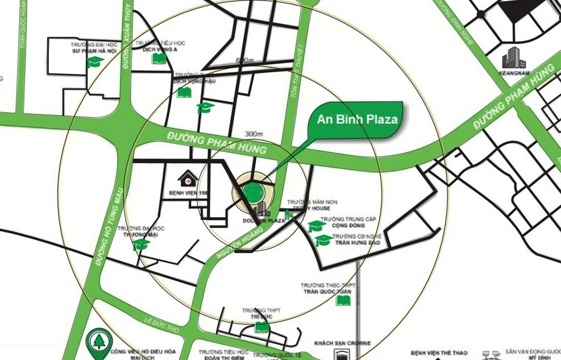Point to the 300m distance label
(x=254, y=134)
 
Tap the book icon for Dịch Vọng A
(x=159, y=59)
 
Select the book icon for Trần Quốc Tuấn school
(x=343, y=300)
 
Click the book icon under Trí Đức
(x=261, y=327)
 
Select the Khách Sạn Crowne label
(x=342, y=344)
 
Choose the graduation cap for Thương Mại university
(x=140, y=245)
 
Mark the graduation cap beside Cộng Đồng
(x=317, y=226)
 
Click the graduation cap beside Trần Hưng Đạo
(x=323, y=241)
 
